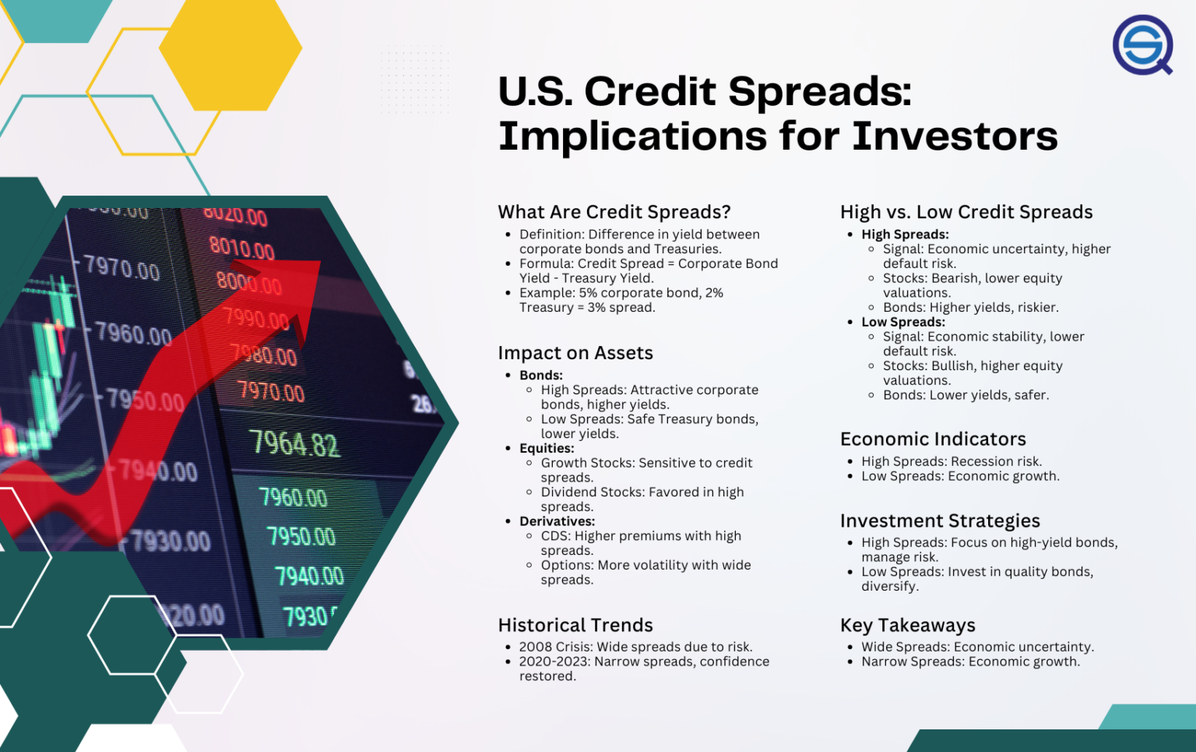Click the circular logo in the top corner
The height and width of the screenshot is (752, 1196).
tap(1142, 44)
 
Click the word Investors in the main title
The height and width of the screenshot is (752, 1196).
tap(955, 136)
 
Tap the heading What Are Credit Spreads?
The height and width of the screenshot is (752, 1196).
tap(614, 212)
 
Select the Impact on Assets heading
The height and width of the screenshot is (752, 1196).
tap(575, 353)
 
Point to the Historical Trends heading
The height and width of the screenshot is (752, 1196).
tap(575, 625)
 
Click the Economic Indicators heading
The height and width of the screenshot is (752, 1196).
tap(933, 439)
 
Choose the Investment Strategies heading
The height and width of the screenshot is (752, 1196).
tap(940, 521)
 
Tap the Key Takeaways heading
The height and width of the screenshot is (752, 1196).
tap(907, 625)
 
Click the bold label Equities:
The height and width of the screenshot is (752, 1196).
tap(547, 448)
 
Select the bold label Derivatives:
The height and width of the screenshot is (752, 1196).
tap(557, 521)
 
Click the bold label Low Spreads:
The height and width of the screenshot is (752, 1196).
tap(903, 322)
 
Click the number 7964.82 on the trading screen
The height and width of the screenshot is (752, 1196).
tap(294, 444)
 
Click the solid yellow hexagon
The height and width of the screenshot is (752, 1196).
tap(230, 48)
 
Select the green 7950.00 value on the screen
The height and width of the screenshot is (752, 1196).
tap(301, 536)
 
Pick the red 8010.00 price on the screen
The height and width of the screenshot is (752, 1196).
tap(241, 249)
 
